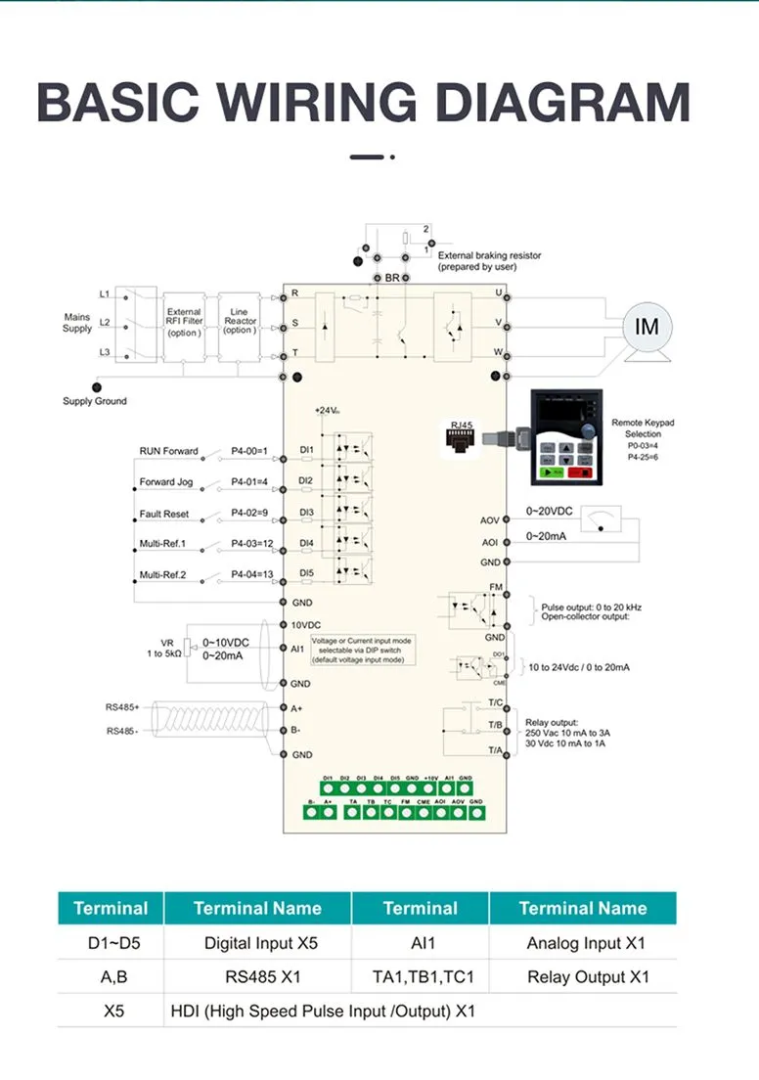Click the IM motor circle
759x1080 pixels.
coord(647,327)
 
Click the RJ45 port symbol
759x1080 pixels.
coord(456,437)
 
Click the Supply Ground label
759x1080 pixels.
coord(95,401)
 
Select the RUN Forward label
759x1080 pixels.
coord(168,451)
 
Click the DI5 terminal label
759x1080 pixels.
coord(305,573)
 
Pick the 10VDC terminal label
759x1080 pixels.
coord(307,624)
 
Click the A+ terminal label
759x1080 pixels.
coord(296,706)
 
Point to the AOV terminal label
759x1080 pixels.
coord(490,520)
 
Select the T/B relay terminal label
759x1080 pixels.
coord(495,724)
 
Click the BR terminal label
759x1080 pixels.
coord(392,278)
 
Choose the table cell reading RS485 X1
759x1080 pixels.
coord(257,976)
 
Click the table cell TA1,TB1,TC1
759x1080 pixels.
coord(420,976)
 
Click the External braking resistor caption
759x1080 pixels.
coord(489,261)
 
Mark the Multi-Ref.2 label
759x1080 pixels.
coord(162,574)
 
